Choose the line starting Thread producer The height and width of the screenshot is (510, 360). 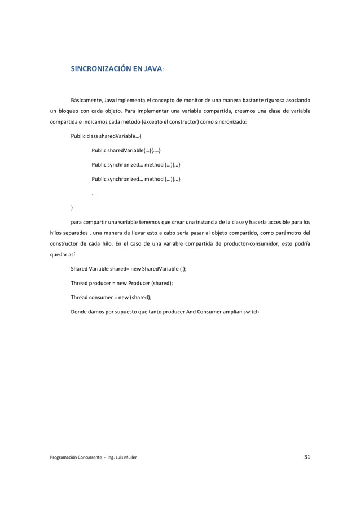tap(121, 282)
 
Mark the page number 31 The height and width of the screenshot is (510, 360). tap(306, 457)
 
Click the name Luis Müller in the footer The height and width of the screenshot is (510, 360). tap(124, 458)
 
